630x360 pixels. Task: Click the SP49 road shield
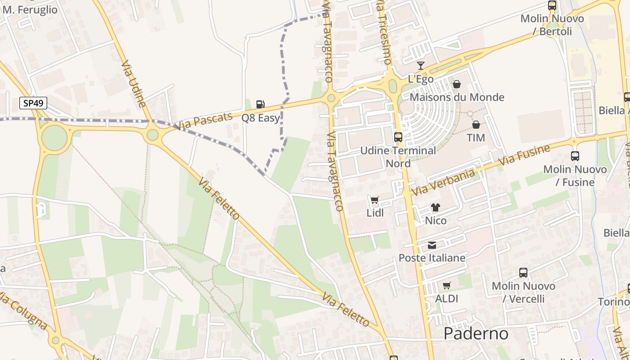tap(33, 103)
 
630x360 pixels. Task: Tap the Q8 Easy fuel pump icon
tap(260, 104)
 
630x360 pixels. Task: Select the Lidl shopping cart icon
tap(374, 200)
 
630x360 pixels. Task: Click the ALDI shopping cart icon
tap(446, 285)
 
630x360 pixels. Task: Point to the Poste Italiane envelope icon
tap(432, 245)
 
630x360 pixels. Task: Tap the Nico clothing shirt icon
tap(435, 207)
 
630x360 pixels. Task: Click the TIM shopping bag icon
tap(476, 124)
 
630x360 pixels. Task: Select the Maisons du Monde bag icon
tap(456, 84)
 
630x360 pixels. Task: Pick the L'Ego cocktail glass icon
tap(421, 66)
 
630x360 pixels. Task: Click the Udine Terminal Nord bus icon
tap(398, 137)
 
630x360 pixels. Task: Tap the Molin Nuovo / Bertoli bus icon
tap(552, 5)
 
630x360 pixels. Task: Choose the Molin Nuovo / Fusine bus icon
tap(575, 156)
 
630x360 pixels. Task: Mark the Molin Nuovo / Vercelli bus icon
tap(523, 272)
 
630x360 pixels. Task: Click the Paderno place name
tap(476, 333)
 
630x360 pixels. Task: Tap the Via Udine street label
tap(133, 84)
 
